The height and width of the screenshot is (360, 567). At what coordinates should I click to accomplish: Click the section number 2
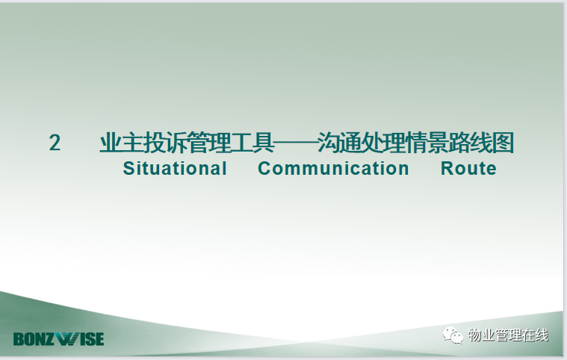(x=55, y=143)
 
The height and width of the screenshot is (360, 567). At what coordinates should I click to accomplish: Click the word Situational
(x=175, y=169)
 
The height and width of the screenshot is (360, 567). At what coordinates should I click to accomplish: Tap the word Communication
(x=333, y=169)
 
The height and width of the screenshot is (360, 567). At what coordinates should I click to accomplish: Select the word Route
(x=468, y=169)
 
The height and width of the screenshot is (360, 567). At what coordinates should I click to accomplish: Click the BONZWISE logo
(x=58, y=339)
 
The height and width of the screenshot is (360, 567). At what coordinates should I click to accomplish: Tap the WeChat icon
(x=453, y=335)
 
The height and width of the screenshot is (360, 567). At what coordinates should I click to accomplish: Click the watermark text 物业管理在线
(x=508, y=335)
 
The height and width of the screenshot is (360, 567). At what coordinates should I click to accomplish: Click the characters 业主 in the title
(x=122, y=143)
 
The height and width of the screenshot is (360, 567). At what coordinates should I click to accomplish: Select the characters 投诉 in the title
(x=165, y=143)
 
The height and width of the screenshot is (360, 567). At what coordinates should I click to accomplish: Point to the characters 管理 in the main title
(x=209, y=143)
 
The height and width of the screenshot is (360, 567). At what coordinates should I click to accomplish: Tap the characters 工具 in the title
(x=252, y=143)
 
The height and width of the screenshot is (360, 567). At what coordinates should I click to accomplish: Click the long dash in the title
(x=296, y=143)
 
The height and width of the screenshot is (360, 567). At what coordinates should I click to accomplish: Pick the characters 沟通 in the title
(x=340, y=143)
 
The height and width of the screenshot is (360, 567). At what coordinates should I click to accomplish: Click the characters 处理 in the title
(x=383, y=143)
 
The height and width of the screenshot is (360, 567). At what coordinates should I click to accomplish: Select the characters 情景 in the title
(x=427, y=143)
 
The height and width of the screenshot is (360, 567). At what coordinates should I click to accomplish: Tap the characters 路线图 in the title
(x=481, y=143)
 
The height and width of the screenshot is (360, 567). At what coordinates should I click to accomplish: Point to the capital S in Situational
(x=128, y=169)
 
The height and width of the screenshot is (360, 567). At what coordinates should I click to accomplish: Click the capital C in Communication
(x=264, y=169)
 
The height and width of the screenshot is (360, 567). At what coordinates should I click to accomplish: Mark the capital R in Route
(x=447, y=169)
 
